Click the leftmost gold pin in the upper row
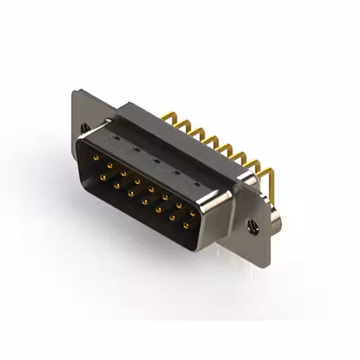97,157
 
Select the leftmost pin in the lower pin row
103,177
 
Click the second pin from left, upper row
110,165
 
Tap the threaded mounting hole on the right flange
252,227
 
